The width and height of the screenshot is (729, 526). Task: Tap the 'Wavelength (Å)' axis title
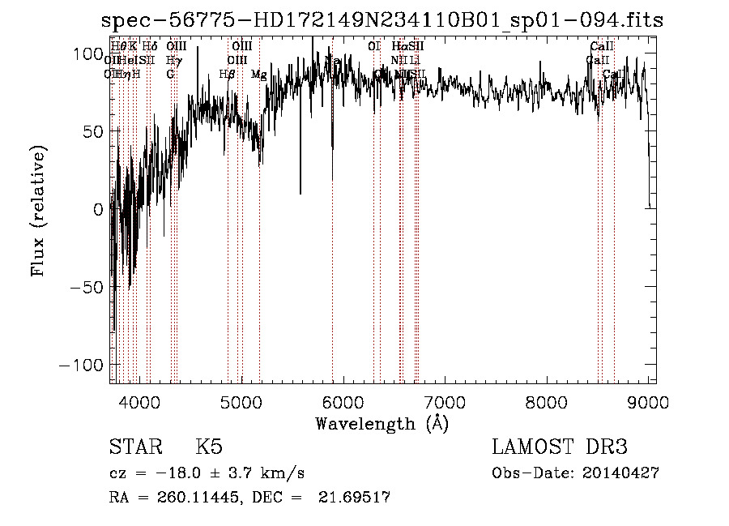(382, 423)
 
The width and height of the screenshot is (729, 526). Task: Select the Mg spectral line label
(258, 75)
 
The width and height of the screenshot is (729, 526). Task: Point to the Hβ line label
(228, 75)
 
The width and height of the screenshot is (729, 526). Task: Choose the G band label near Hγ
(170, 75)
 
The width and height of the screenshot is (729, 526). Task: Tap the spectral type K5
(209, 447)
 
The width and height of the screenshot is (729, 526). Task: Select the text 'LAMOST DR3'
(559, 447)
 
